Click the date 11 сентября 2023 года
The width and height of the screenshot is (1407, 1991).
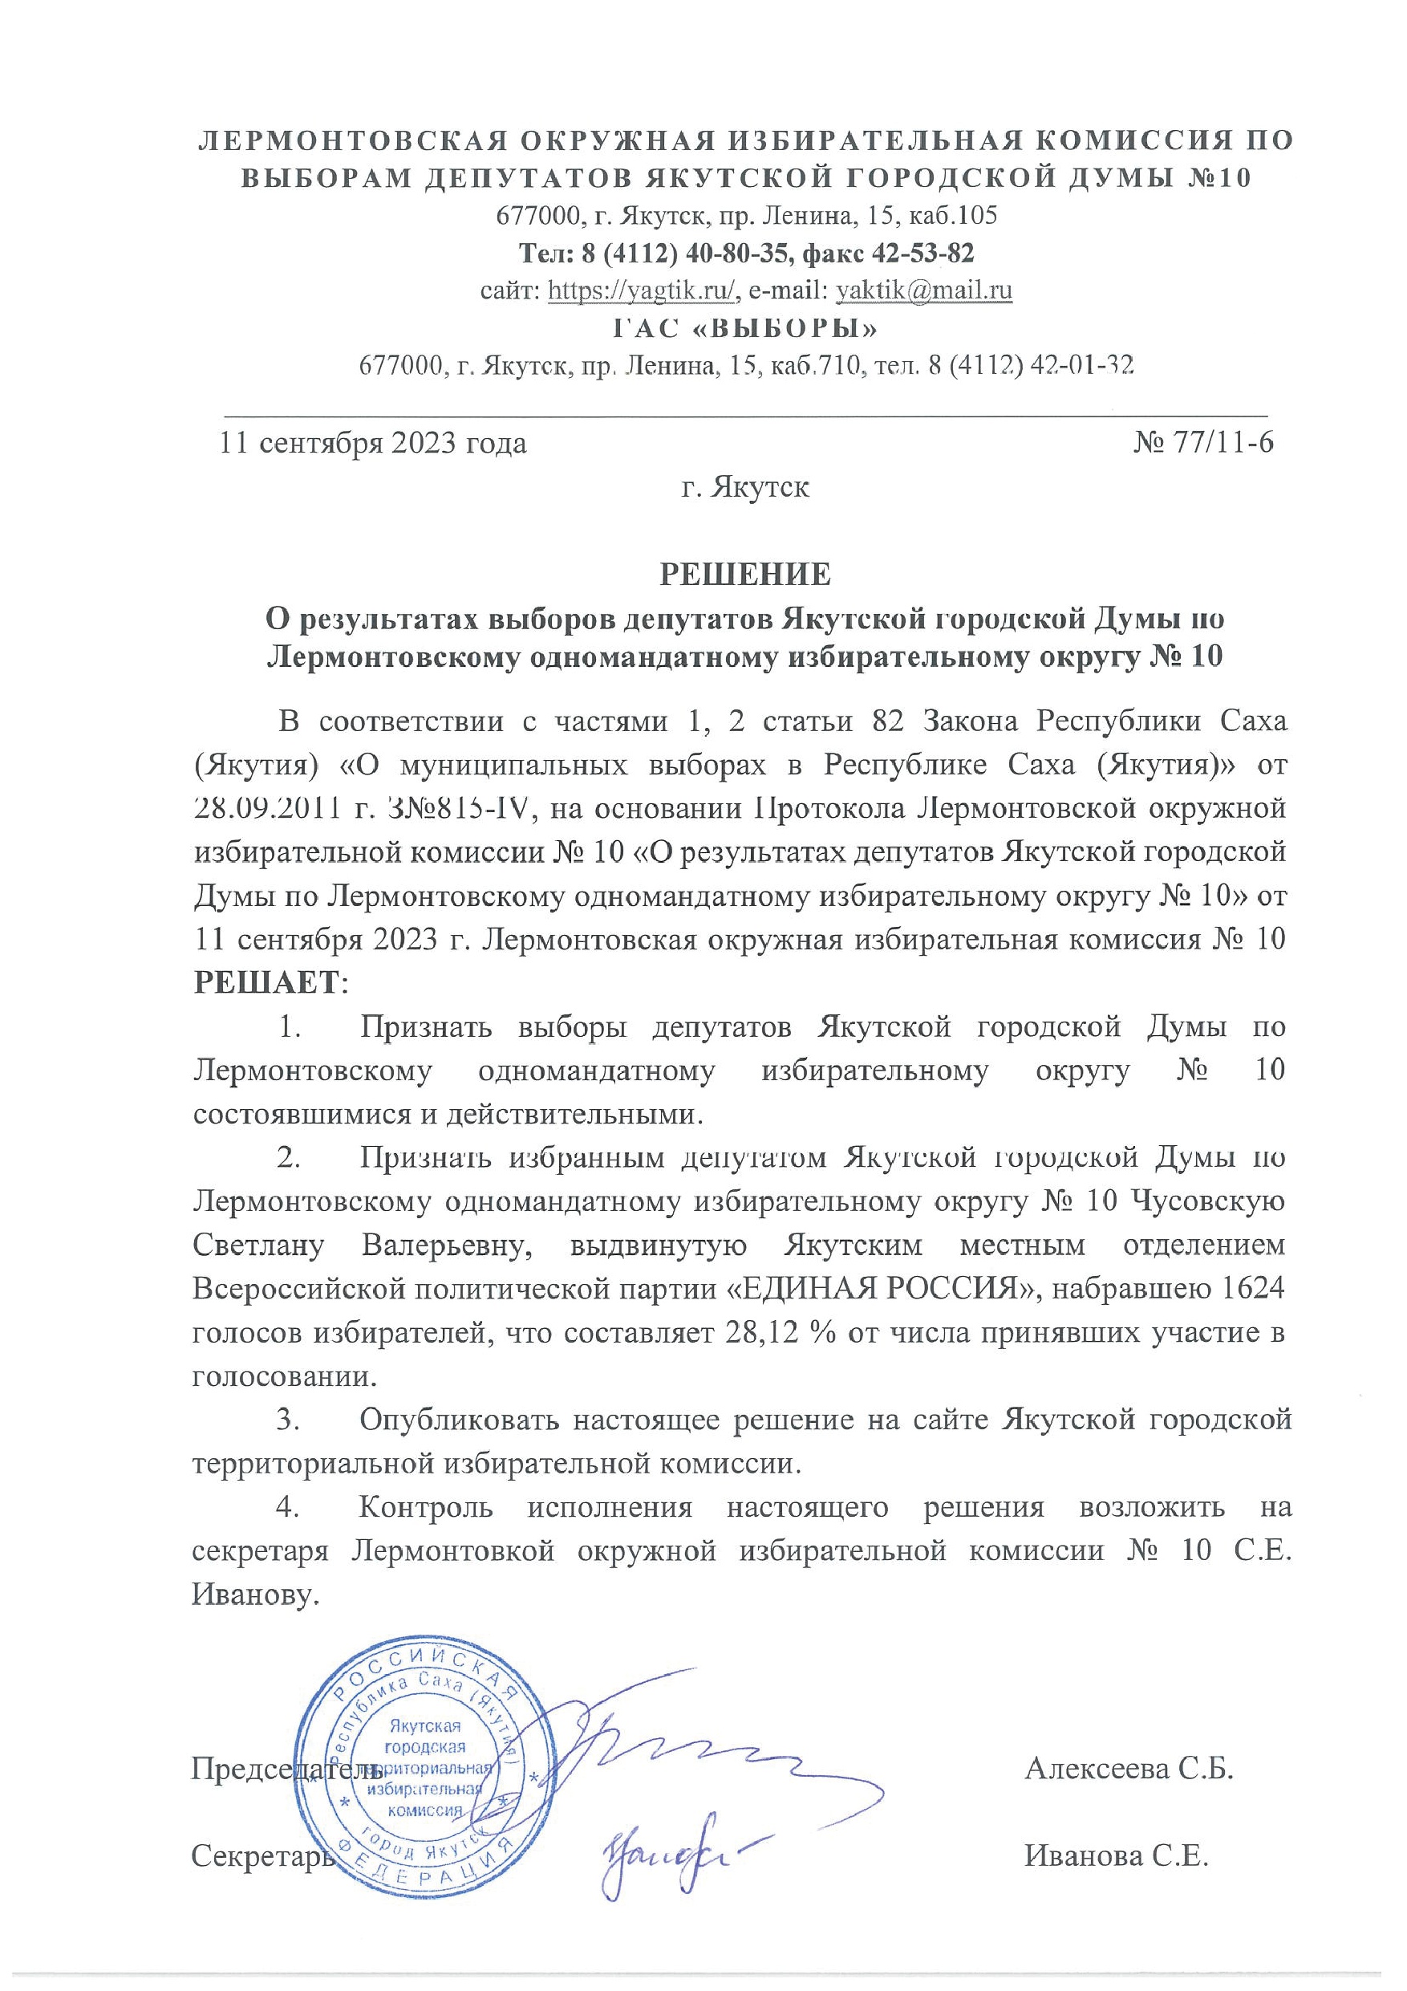point(374,443)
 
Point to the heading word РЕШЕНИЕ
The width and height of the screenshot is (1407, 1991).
point(745,574)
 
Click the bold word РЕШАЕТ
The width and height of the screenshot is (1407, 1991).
point(267,982)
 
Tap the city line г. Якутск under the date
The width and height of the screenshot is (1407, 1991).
point(745,487)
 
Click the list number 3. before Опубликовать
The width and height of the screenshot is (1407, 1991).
point(289,1420)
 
